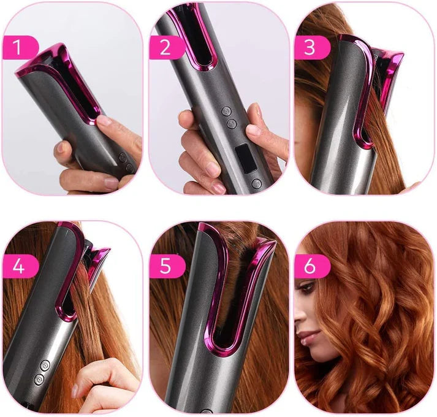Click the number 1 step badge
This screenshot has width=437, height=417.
(x=20, y=47)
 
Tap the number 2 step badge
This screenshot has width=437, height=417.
(x=167, y=47)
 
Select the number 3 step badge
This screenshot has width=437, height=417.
(x=312, y=47)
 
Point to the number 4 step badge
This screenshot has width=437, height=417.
(x=20, y=266)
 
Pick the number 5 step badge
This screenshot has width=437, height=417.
(x=167, y=266)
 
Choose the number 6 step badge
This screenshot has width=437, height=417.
(x=312, y=266)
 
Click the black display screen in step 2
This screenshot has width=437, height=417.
(x=246, y=158)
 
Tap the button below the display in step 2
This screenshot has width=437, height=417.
(x=256, y=183)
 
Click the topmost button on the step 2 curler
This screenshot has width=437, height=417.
(x=226, y=111)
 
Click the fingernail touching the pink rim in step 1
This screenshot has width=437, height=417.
(x=104, y=120)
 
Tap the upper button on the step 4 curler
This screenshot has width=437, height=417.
(x=45, y=365)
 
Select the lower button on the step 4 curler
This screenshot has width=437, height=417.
(x=39, y=380)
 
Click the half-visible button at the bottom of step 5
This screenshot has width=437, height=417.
(x=207, y=411)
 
